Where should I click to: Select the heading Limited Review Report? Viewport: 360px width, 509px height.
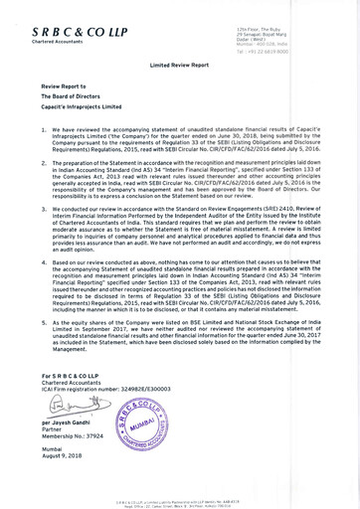(179, 62)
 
